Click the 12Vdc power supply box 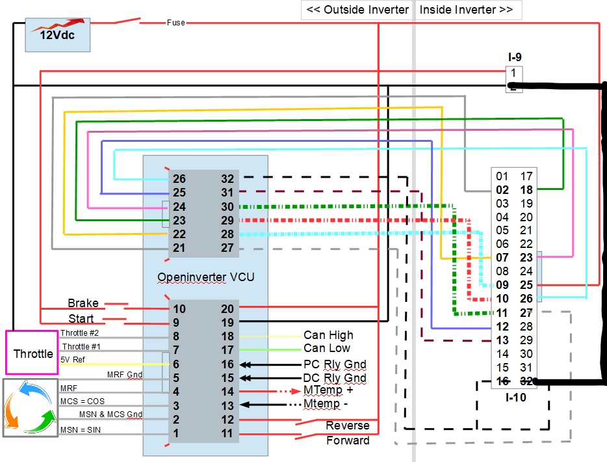click(x=57, y=35)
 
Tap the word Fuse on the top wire click(x=175, y=23)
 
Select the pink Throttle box click(x=33, y=353)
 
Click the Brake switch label click(x=83, y=303)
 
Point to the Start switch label click(x=81, y=319)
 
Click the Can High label click(x=328, y=335)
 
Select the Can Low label click(x=327, y=349)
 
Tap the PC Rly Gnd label click(x=335, y=364)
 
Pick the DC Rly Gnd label click(x=335, y=378)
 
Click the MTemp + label click(x=328, y=390)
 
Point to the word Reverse click(x=348, y=426)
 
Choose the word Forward click(x=348, y=441)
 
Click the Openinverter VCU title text click(x=206, y=277)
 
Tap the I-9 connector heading click(x=514, y=58)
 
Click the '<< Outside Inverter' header click(x=357, y=10)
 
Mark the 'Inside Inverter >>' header click(x=467, y=10)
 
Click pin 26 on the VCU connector click(x=179, y=179)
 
